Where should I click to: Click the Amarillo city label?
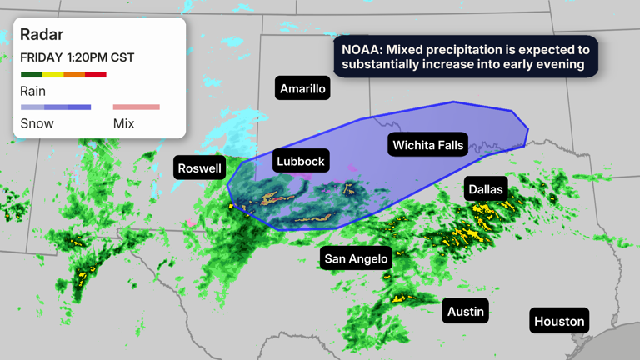[x=303, y=88]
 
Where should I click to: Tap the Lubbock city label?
[x=300, y=161]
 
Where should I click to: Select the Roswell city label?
[x=200, y=168]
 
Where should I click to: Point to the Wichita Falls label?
[x=427, y=145]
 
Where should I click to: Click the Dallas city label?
[x=486, y=189]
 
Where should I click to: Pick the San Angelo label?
[x=356, y=258]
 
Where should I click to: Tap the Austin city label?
[x=466, y=312]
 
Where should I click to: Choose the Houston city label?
[x=559, y=321]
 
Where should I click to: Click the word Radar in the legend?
[x=42, y=35]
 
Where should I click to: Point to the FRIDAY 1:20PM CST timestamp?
[x=77, y=57]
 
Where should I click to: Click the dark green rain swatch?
[x=31, y=75]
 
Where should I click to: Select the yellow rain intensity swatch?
[x=52, y=75]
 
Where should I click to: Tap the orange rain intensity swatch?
[x=74, y=75]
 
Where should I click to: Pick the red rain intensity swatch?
[x=96, y=75]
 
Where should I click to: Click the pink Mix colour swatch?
[x=136, y=107]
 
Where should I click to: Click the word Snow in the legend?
[x=37, y=123]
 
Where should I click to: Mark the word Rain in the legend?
[x=33, y=92]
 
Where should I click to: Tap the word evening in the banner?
[x=560, y=64]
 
